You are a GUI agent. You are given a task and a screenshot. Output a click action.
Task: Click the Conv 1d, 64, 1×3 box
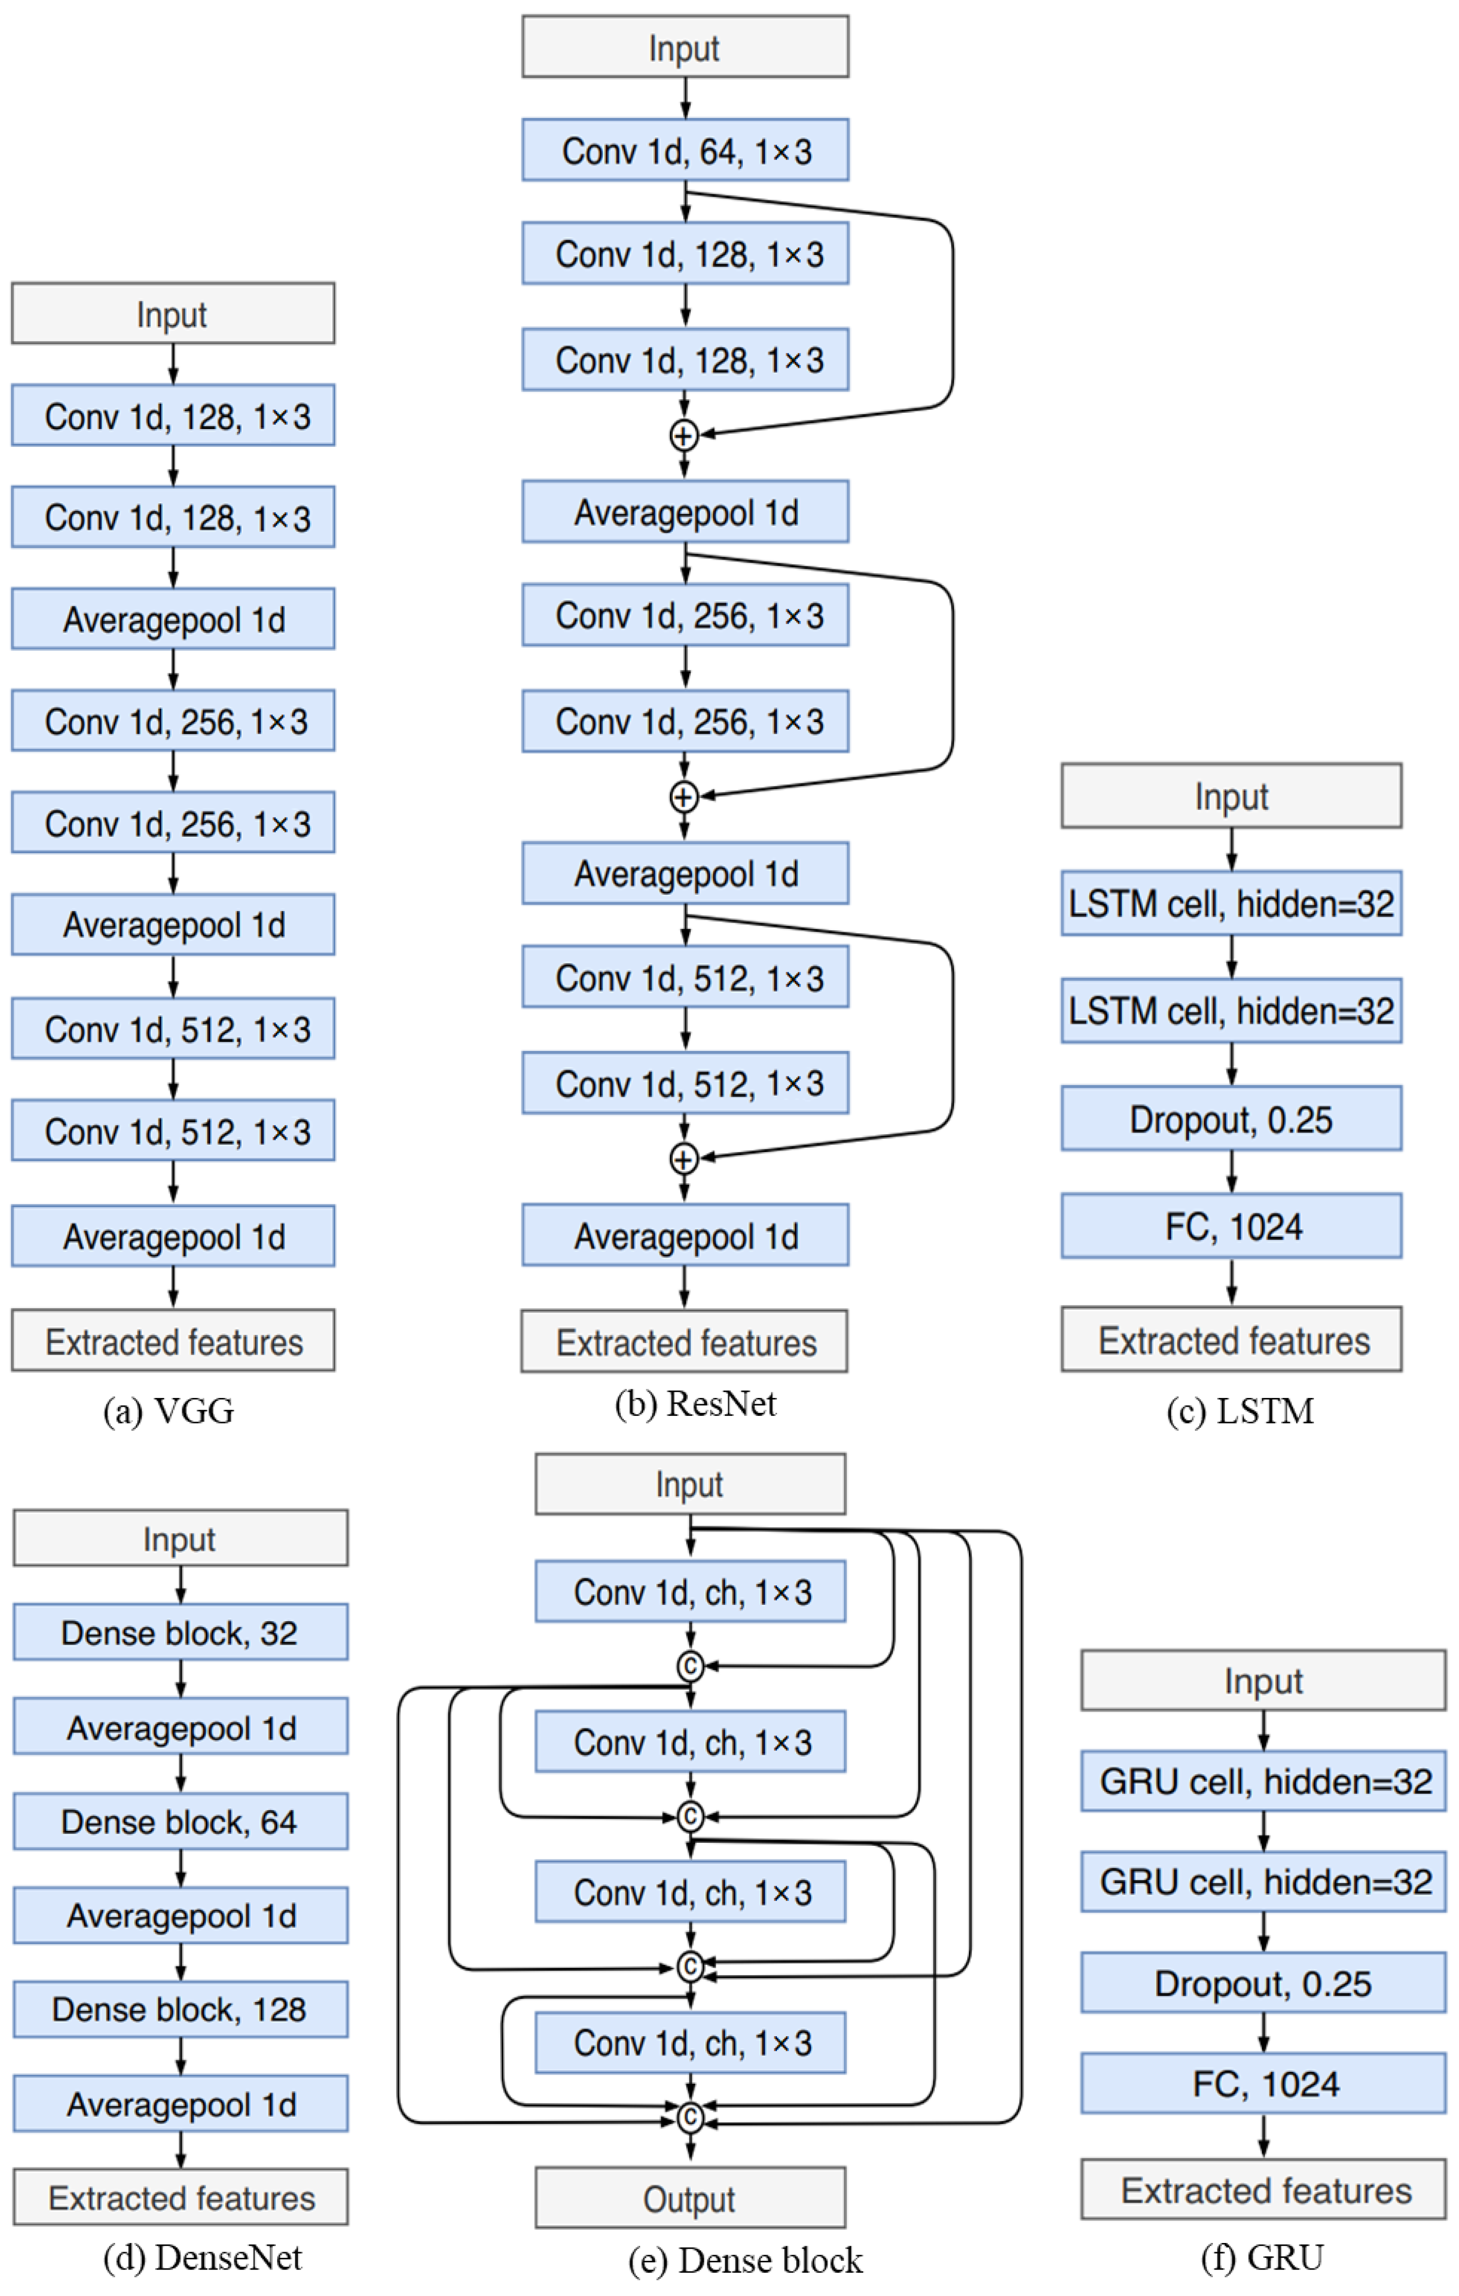pos(685,150)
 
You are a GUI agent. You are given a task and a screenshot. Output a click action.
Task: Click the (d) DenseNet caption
pos(202,2257)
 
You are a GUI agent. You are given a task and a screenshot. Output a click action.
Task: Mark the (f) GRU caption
pos(1261,2257)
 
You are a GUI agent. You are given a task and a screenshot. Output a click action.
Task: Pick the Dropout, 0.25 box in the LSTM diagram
pos(1231,1118)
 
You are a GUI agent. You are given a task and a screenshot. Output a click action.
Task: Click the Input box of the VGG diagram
pos(173,313)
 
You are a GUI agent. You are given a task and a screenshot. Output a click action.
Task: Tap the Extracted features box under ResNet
pos(685,1342)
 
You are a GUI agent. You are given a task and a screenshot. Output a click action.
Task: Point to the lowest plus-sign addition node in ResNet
pos(684,1158)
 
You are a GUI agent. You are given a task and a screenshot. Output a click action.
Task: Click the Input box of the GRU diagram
pos(1263,1680)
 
